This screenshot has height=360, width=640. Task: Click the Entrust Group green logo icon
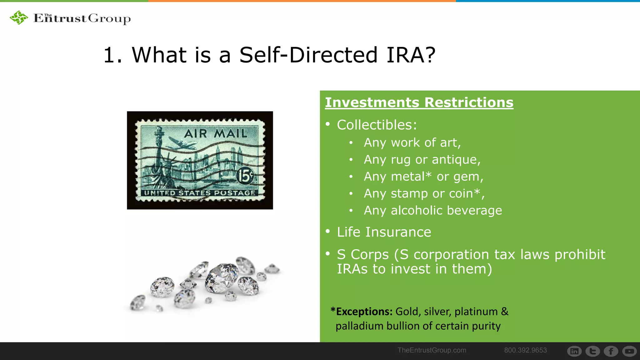pyautogui.click(x=19, y=17)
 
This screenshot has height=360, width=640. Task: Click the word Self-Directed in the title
pyautogui.click(x=308, y=55)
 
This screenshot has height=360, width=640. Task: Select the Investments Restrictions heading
pyautogui.click(x=419, y=102)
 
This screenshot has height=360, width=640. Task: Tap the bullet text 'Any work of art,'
pyautogui.click(x=412, y=143)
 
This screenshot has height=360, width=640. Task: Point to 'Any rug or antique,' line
pyautogui.click(x=422, y=160)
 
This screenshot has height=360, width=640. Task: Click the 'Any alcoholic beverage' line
pyautogui.click(x=433, y=211)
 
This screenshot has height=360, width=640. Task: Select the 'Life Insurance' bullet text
pyautogui.click(x=384, y=232)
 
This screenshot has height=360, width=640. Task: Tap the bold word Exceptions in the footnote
pyautogui.click(x=364, y=312)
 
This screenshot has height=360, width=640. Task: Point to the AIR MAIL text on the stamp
pyautogui.click(x=216, y=133)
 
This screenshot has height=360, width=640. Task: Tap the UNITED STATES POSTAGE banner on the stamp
pyautogui.click(x=200, y=193)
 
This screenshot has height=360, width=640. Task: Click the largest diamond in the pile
pyautogui.click(x=221, y=277)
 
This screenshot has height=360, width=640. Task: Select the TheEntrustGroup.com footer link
pyautogui.click(x=432, y=350)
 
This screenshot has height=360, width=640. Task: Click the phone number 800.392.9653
pyautogui.click(x=525, y=350)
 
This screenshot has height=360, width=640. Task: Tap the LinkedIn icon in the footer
pyautogui.click(x=574, y=351)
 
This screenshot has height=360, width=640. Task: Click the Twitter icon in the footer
pyautogui.click(x=592, y=351)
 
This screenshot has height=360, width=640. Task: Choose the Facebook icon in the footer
pyautogui.click(x=611, y=351)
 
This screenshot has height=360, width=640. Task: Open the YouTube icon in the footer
pyautogui.click(x=629, y=351)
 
